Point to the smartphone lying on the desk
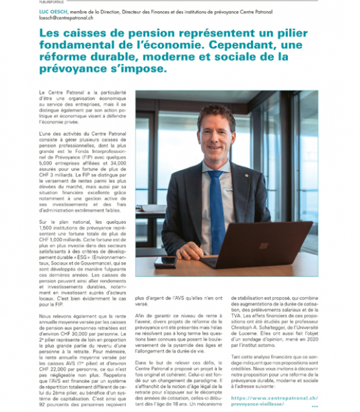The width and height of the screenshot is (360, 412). (165, 262)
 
